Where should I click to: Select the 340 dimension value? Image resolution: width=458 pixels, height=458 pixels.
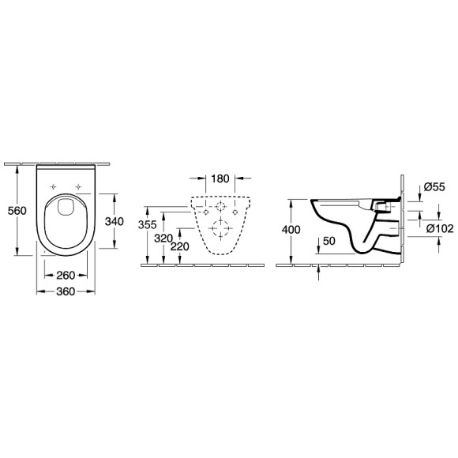tap(114, 222)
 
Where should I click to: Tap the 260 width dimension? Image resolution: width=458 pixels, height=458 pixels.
tap(65, 276)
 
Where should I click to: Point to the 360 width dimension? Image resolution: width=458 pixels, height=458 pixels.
tap(65, 292)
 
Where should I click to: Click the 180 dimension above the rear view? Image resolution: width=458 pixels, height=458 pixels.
tap(221, 178)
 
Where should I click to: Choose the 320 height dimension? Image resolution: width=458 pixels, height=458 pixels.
tap(163, 237)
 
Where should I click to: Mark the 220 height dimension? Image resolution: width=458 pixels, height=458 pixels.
tap(181, 246)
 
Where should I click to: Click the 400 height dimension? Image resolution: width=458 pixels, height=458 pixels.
tap(292, 229)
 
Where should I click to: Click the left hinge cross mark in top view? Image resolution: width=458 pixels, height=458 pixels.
tap(54, 188)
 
